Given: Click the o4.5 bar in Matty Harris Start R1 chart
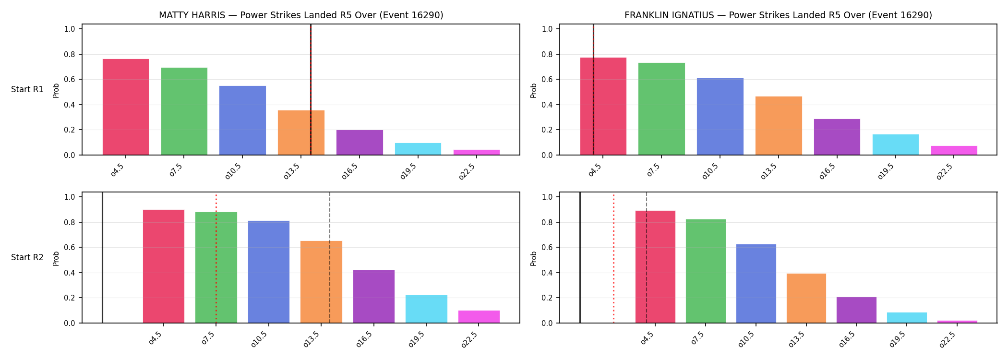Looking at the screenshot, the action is (x=126, y=107).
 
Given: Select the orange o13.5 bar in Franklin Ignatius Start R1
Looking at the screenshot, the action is (x=779, y=126).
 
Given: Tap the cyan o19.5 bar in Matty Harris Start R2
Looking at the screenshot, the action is (x=426, y=309).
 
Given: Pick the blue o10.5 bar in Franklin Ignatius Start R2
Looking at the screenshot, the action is (x=756, y=284).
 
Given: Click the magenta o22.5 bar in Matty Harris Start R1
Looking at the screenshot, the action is (x=477, y=152).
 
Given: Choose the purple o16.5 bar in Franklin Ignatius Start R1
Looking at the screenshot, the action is (x=837, y=137).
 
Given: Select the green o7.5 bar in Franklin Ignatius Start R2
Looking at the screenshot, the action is (x=706, y=271).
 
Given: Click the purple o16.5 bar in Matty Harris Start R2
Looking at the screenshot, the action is (x=374, y=297).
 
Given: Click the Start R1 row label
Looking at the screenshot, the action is (x=27, y=89).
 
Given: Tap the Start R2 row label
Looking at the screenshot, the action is (x=27, y=257).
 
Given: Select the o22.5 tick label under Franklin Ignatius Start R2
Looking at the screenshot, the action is (x=948, y=339).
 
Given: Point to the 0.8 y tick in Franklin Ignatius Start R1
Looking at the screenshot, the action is (x=547, y=54).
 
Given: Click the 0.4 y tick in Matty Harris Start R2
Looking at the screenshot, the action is (x=70, y=273).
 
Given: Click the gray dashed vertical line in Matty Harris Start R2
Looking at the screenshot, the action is (x=330, y=258).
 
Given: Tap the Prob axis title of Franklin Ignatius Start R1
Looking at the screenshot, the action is (x=533, y=90).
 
